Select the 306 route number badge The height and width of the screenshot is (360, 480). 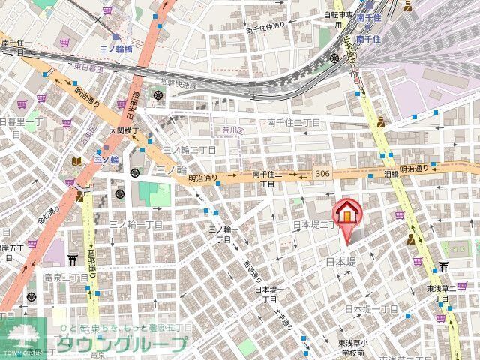coord(323,173)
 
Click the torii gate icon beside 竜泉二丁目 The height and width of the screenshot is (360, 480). coord(73,259)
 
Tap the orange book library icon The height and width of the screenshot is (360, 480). coord(77,161)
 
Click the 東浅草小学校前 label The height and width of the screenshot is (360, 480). coord(350,348)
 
